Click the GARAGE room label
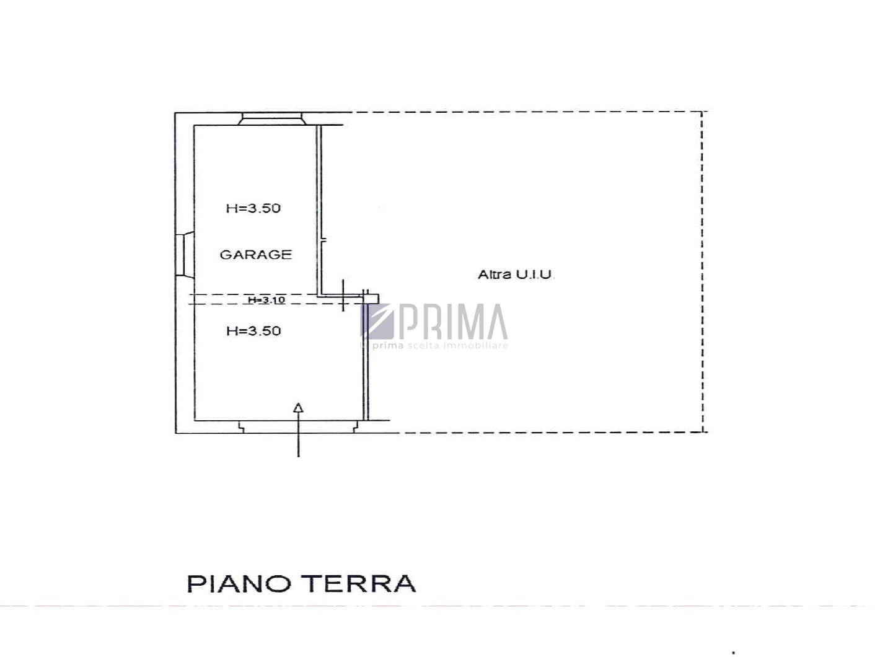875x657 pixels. tap(256, 254)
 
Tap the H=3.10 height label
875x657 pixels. tap(266, 299)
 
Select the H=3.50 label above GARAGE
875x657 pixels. tap(253, 208)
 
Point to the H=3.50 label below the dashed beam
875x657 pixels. tap(253, 330)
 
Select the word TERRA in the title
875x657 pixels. tap(361, 584)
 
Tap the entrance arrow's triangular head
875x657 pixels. tap(298, 407)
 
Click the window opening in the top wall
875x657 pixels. tap(271, 119)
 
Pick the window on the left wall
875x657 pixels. tap(185, 254)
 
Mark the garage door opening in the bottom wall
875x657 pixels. tap(297, 426)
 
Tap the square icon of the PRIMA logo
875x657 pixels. tap(377, 321)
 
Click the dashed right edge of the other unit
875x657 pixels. tap(702, 272)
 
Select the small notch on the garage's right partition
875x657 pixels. tap(323, 240)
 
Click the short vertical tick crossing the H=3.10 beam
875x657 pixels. tap(343, 296)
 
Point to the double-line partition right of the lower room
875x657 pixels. tap(366, 355)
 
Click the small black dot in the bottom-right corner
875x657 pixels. tap(734, 653)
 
